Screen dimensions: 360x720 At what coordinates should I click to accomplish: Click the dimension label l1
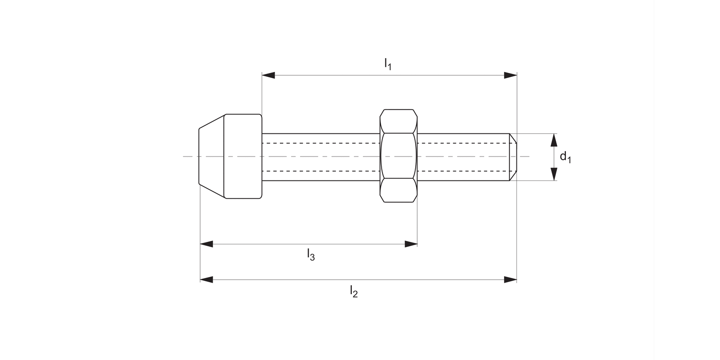(x=388, y=63)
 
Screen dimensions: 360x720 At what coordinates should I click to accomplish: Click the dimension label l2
(x=354, y=291)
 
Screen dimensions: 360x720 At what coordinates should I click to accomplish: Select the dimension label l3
(x=311, y=255)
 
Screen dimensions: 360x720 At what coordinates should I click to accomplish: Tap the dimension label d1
(x=565, y=157)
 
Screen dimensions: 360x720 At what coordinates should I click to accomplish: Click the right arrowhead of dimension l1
(x=510, y=75)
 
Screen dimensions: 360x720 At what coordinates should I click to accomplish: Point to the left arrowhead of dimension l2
(x=206, y=279)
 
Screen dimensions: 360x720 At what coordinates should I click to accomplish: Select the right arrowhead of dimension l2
(x=510, y=279)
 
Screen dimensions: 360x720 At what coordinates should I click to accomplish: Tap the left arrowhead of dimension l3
(x=206, y=244)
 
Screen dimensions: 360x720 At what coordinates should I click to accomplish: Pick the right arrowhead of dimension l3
(x=411, y=244)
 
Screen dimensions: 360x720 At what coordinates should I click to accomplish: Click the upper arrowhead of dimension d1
(x=554, y=140)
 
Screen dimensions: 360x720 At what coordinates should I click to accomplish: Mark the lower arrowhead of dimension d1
(x=554, y=174)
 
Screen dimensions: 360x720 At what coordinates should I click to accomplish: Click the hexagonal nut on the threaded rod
(x=398, y=156)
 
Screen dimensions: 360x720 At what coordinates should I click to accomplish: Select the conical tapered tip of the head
(x=212, y=156)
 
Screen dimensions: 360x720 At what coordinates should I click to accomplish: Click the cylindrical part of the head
(x=243, y=156)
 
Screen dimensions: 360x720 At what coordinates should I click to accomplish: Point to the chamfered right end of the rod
(x=513, y=157)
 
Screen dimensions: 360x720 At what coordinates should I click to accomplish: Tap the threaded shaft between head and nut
(x=321, y=157)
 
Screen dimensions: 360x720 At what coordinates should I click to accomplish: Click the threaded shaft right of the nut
(x=463, y=157)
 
